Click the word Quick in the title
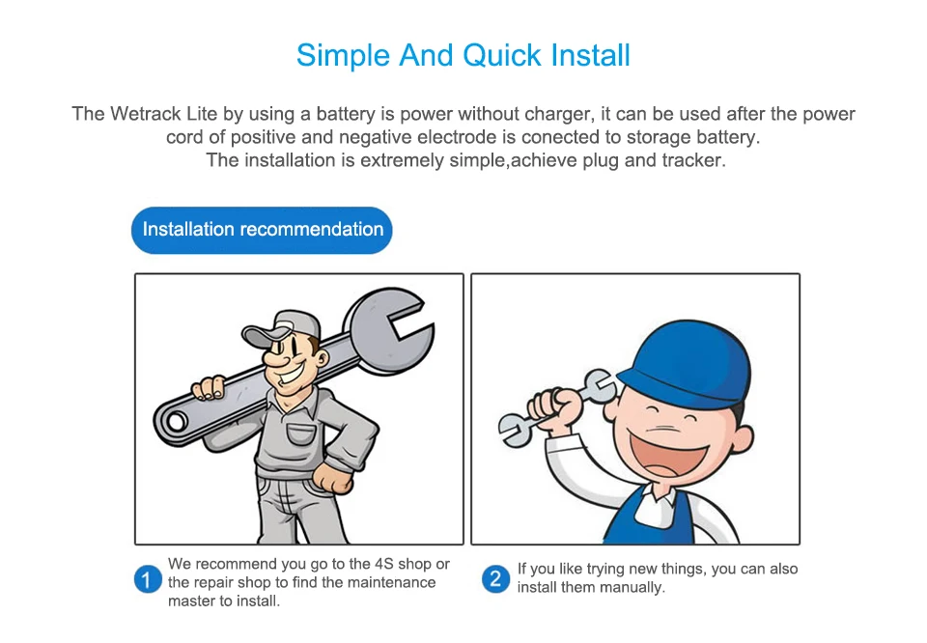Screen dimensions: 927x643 [502, 56]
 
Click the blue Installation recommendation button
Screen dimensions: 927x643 [262, 230]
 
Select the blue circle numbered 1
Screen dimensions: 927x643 [147, 580]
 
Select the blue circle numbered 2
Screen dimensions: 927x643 [495, 579]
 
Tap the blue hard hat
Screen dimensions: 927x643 [685, 363]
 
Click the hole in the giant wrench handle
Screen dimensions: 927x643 [176, 422]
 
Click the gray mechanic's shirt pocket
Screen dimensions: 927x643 [301, 435]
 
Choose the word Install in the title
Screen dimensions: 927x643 [590, 56]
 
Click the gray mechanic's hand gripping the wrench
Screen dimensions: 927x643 [209, 387]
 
